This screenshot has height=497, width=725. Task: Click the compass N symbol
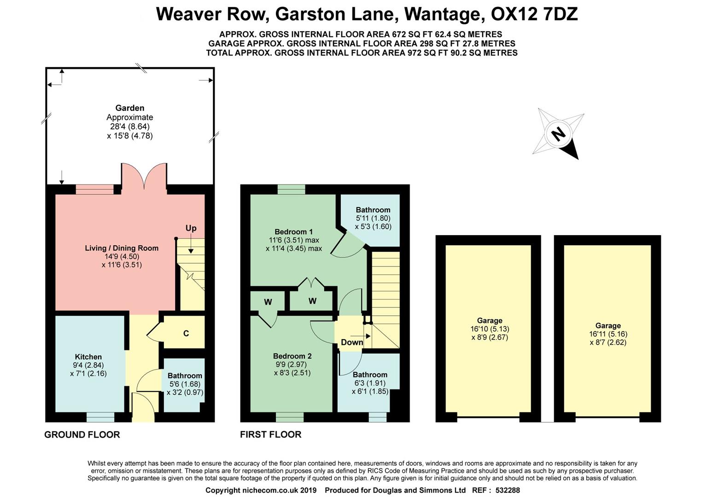558,134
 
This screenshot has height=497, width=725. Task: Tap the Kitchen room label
88,357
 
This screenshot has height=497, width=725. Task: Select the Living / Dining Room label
122,248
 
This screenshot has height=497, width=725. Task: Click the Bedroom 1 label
294,231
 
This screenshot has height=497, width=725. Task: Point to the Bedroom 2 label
292,356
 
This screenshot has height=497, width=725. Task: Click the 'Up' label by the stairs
191,228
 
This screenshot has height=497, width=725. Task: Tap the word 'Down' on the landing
352,342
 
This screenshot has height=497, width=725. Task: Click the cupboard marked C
186,333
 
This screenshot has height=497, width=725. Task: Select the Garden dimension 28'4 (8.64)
129,127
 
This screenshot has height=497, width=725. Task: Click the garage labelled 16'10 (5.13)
490,329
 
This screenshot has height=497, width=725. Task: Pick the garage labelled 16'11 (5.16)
608,334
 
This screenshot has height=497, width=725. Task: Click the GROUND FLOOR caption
82,434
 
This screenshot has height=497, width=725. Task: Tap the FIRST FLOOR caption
271,434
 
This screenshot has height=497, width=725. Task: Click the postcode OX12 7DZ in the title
534,14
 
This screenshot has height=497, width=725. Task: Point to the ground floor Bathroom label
185,376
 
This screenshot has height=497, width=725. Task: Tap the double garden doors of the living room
144,177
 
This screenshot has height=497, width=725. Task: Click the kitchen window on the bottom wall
100,416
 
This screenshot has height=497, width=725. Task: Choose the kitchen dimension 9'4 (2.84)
88,365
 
